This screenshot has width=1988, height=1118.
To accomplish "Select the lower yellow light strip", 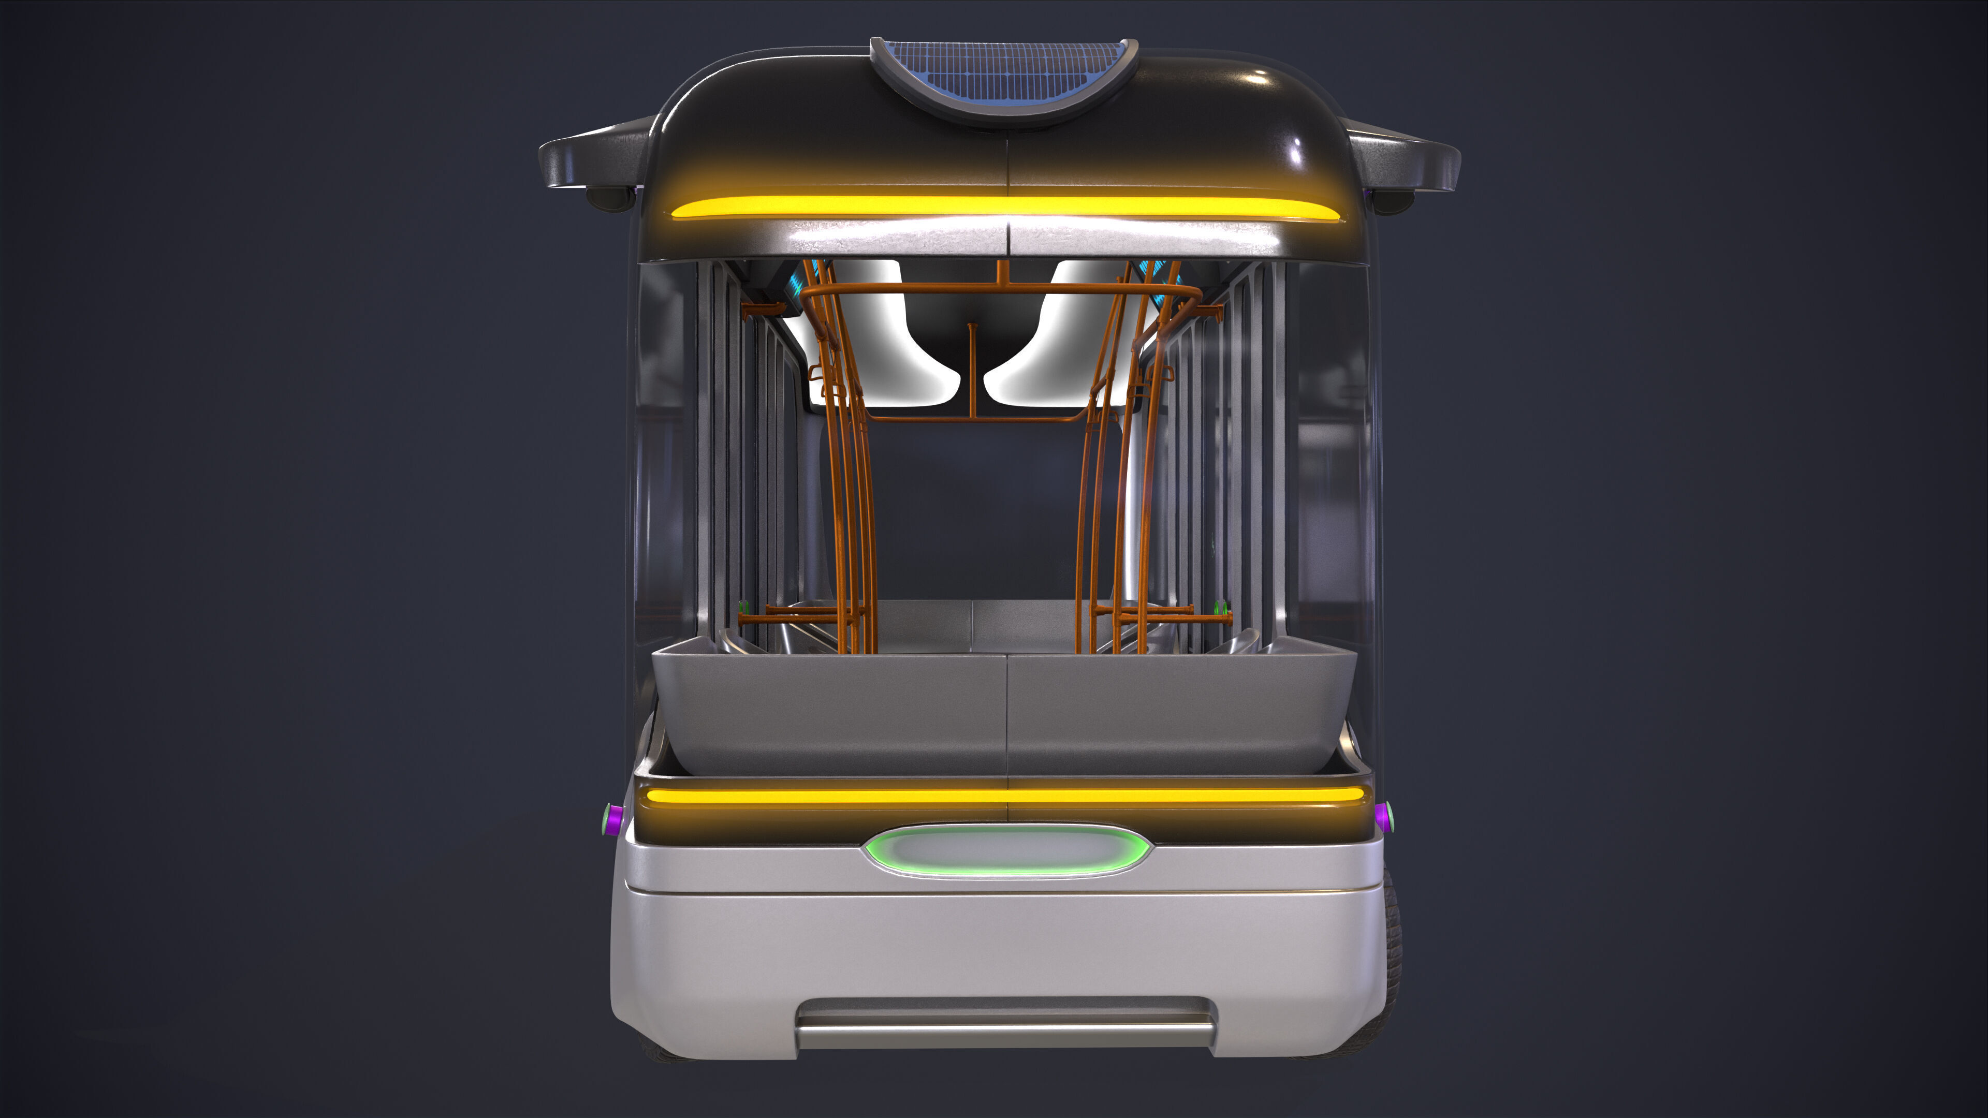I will click(x=1003, y=795).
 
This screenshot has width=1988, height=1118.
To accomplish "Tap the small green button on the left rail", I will click(x=744, y=607).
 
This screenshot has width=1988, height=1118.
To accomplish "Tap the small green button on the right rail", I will click(x=1220, y=607).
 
